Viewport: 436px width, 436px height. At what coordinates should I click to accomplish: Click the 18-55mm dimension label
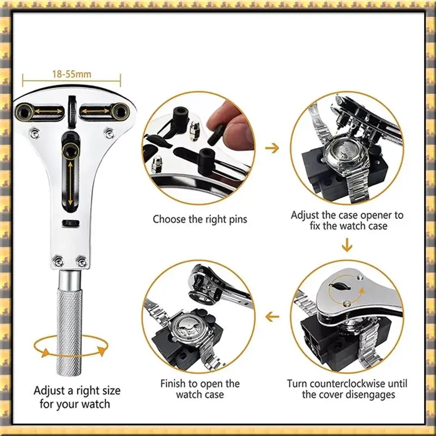pos(72,74)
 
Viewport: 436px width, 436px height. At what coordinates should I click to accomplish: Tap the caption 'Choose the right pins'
pos(200,219)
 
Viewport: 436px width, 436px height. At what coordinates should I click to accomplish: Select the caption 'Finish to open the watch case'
pos(200,389)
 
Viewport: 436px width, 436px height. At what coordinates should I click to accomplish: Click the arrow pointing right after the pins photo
pos(272,148)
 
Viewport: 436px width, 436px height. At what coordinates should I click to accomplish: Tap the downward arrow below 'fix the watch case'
pos(347,245)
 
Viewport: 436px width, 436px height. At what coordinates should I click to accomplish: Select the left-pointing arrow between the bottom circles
pos(272,317)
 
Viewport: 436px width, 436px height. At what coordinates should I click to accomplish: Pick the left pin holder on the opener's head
pos(25,112)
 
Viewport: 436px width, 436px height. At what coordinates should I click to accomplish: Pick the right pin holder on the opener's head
pos(120,112)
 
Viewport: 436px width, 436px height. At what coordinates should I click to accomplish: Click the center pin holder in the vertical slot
pos(70,151)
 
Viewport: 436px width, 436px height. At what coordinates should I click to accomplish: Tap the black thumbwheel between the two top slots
pos(72,112)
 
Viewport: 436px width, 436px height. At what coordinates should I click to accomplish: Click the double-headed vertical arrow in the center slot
pos(70,183)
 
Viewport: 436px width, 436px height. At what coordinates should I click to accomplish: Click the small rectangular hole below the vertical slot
pos(71,223)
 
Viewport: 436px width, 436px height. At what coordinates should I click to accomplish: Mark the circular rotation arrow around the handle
pos(70,347)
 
